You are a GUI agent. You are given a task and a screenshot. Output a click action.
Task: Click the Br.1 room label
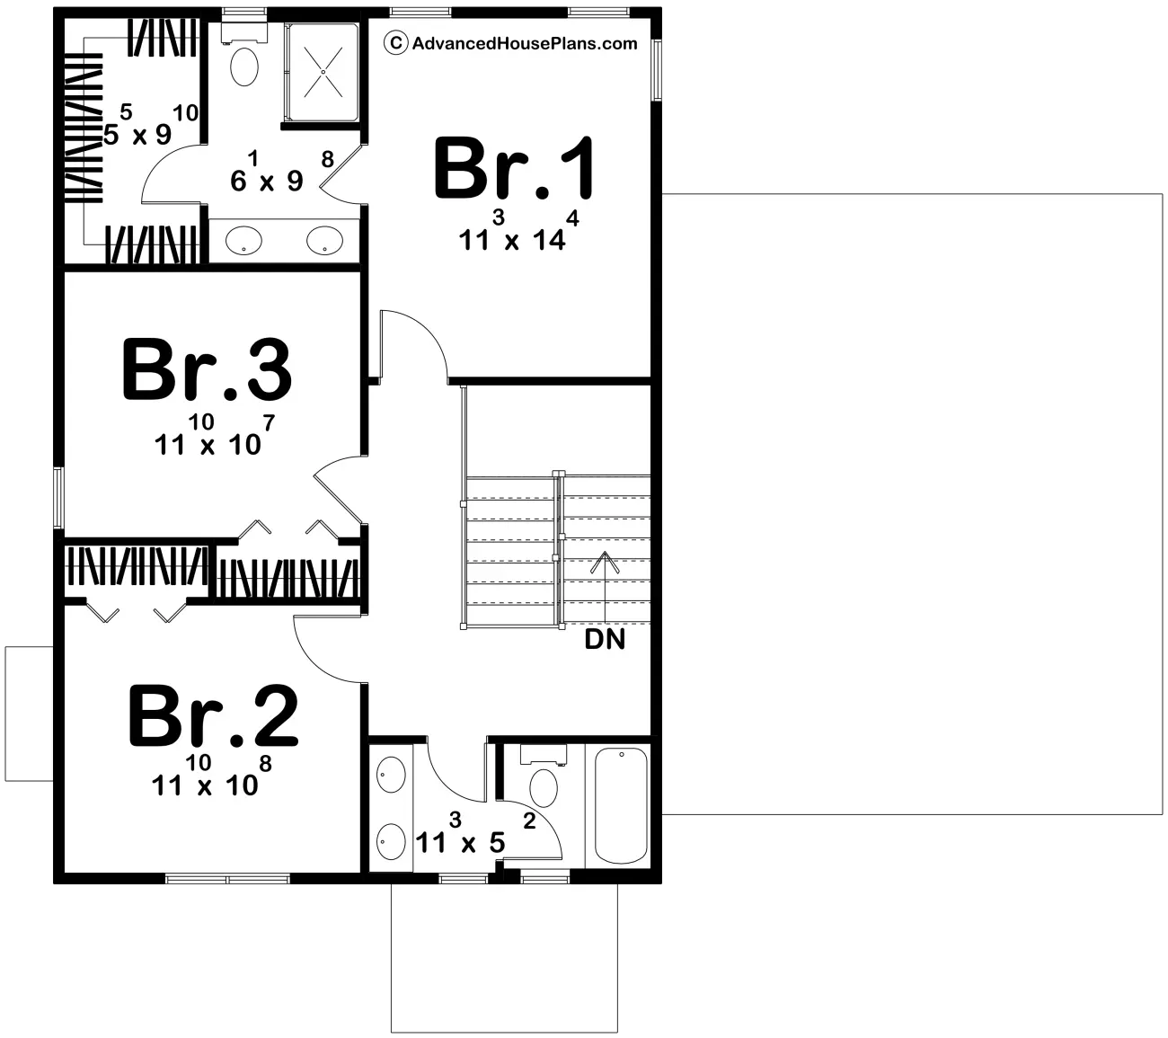[514, 168]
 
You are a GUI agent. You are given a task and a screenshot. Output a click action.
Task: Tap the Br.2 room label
[213, 716]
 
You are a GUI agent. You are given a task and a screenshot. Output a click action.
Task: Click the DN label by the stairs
[605, 640]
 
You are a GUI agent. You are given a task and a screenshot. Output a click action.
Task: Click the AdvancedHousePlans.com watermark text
[525, 44]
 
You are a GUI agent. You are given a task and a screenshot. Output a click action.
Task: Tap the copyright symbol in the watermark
[396, 43]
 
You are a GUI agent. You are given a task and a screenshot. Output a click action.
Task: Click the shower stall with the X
[323, 72]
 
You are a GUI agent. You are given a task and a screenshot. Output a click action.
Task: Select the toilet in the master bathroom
[244, 56]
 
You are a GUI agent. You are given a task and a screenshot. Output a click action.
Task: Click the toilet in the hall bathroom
[544, 776]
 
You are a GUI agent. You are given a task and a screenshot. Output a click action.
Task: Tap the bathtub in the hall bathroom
[621, 805]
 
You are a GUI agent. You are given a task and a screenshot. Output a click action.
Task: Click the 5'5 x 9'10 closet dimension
[152, 125]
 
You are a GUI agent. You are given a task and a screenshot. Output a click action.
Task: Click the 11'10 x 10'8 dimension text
[211, 776]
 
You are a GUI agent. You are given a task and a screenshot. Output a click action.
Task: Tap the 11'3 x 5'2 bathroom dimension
[475, 833]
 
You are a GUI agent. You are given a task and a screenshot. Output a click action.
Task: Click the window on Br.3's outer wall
[58, 498]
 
